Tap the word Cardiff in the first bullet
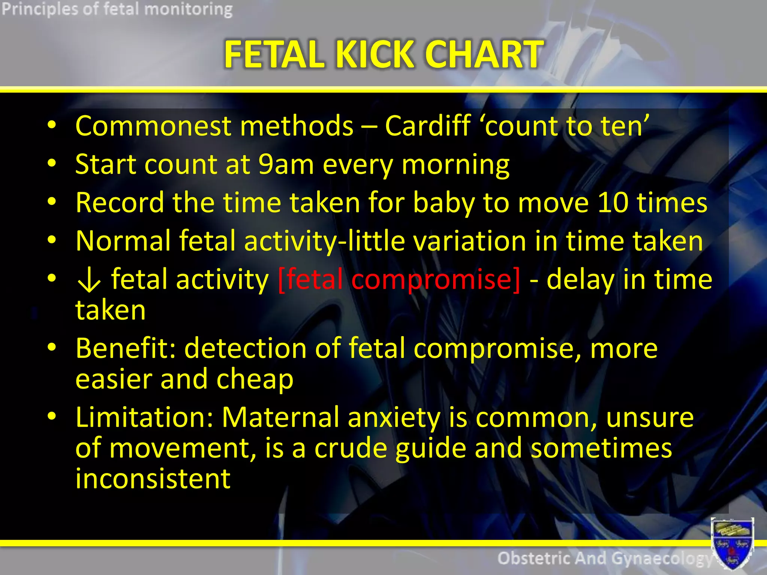[x=427, y=126]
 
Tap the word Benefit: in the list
[x=125, y=348]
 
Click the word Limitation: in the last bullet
[x=144, y=417]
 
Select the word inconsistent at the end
[x=153, y=479]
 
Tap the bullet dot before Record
[x=52, y=201]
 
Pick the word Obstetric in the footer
[x=535, y=559]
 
